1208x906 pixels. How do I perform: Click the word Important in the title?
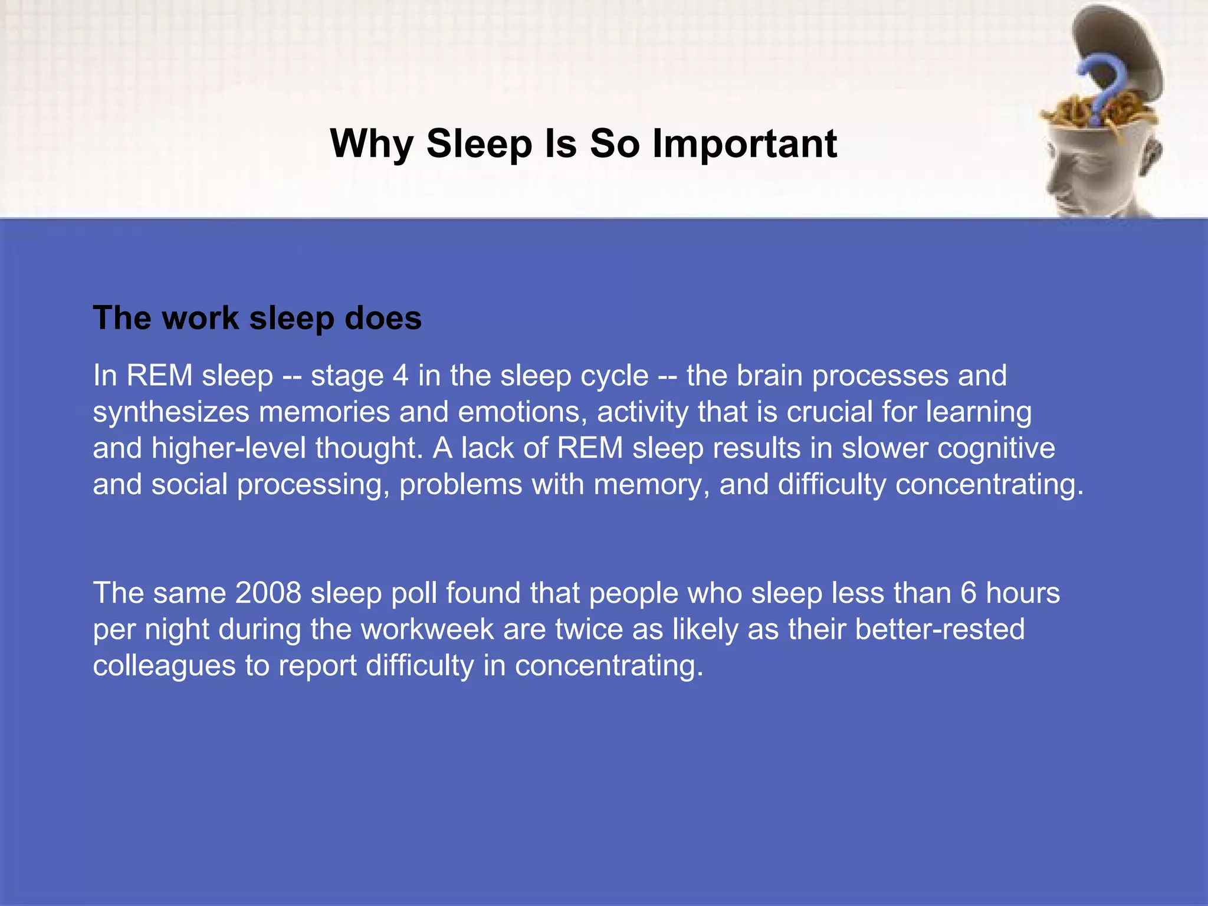744,143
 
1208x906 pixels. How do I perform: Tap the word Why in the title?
372,143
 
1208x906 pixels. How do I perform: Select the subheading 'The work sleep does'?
257,318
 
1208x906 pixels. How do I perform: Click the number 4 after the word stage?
401,376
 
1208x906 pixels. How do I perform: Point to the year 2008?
268,592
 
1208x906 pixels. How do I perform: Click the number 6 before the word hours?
968,592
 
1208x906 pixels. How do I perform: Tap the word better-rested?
940,629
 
